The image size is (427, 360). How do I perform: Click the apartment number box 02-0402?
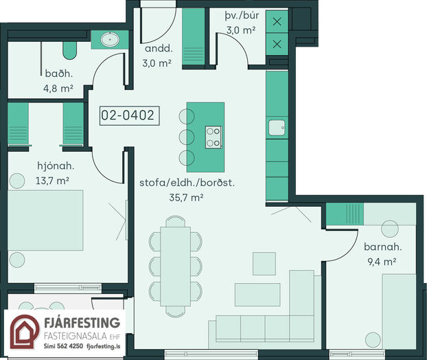[129, 115]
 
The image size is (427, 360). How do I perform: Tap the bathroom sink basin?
[110, 40]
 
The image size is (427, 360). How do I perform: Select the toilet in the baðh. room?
[70, 50]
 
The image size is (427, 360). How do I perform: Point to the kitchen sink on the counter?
[277, 128]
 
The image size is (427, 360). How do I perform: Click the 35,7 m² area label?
[186, 197]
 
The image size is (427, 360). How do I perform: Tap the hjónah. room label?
[56, 166]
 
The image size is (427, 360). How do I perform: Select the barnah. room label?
[383, 247]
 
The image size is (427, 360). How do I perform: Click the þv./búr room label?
[242, 16]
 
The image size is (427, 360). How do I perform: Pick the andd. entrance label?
[159, 49]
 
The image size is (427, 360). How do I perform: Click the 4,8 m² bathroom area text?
[58, 89]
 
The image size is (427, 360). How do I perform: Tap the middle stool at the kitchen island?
[187, 137]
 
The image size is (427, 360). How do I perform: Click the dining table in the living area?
[175, 267]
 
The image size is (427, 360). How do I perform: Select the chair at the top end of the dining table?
[175, 221]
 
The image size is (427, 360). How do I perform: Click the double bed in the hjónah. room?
[45, 221]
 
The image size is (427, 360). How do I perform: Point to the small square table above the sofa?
[264, 264]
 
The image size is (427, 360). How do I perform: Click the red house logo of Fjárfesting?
[25, 332]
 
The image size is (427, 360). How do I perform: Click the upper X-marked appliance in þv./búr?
[277, 21]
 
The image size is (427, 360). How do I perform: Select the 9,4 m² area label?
[382, 262]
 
